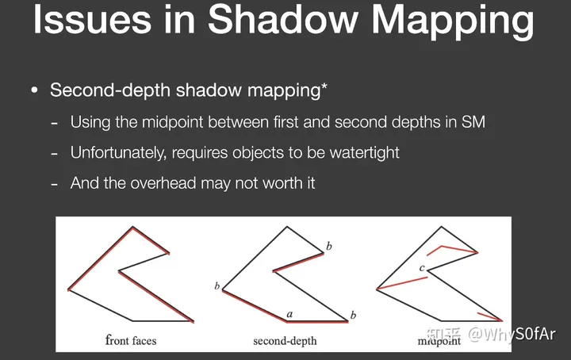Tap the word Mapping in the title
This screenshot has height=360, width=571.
[452, 22]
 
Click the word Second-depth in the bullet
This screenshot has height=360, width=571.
[110, 90]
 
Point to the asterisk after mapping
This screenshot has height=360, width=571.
[324, 86]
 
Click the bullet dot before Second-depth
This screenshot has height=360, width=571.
[35, 90]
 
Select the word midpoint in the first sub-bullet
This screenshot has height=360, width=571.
[172, 122]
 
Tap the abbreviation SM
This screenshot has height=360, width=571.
[473, 122]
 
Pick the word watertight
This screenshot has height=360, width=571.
[364, 153]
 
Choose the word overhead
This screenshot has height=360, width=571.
[163, 183]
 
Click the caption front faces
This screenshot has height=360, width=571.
[131, 340]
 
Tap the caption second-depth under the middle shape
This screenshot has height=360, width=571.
[285, 341]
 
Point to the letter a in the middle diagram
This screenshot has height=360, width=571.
[289, 314]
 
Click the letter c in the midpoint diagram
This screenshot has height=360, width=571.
[422, 268]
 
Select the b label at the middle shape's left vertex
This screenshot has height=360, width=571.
[217, 286]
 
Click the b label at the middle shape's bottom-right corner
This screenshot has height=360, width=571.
[353, 316]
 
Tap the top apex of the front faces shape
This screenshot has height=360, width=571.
[132, 227]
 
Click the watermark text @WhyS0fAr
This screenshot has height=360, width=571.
[512, 334]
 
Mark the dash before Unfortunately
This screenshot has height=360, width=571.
[54, 154]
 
